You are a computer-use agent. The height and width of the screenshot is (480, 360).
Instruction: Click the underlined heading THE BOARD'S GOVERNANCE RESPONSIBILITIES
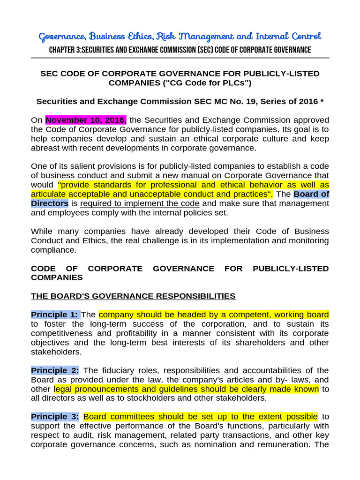coord(133,296)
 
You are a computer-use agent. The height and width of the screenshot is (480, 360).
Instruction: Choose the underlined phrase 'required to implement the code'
coord(140,203)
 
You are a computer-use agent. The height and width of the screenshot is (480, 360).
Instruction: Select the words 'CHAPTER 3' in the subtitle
coord(65,50)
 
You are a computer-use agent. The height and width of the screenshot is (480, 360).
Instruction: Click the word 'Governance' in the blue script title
coord(61,36)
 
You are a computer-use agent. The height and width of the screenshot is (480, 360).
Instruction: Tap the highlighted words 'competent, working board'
coord(280,315)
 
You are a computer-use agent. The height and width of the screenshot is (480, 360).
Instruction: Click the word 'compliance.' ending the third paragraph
coord(53,250)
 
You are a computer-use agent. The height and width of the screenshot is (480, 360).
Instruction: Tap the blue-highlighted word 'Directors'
coord(50,203)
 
